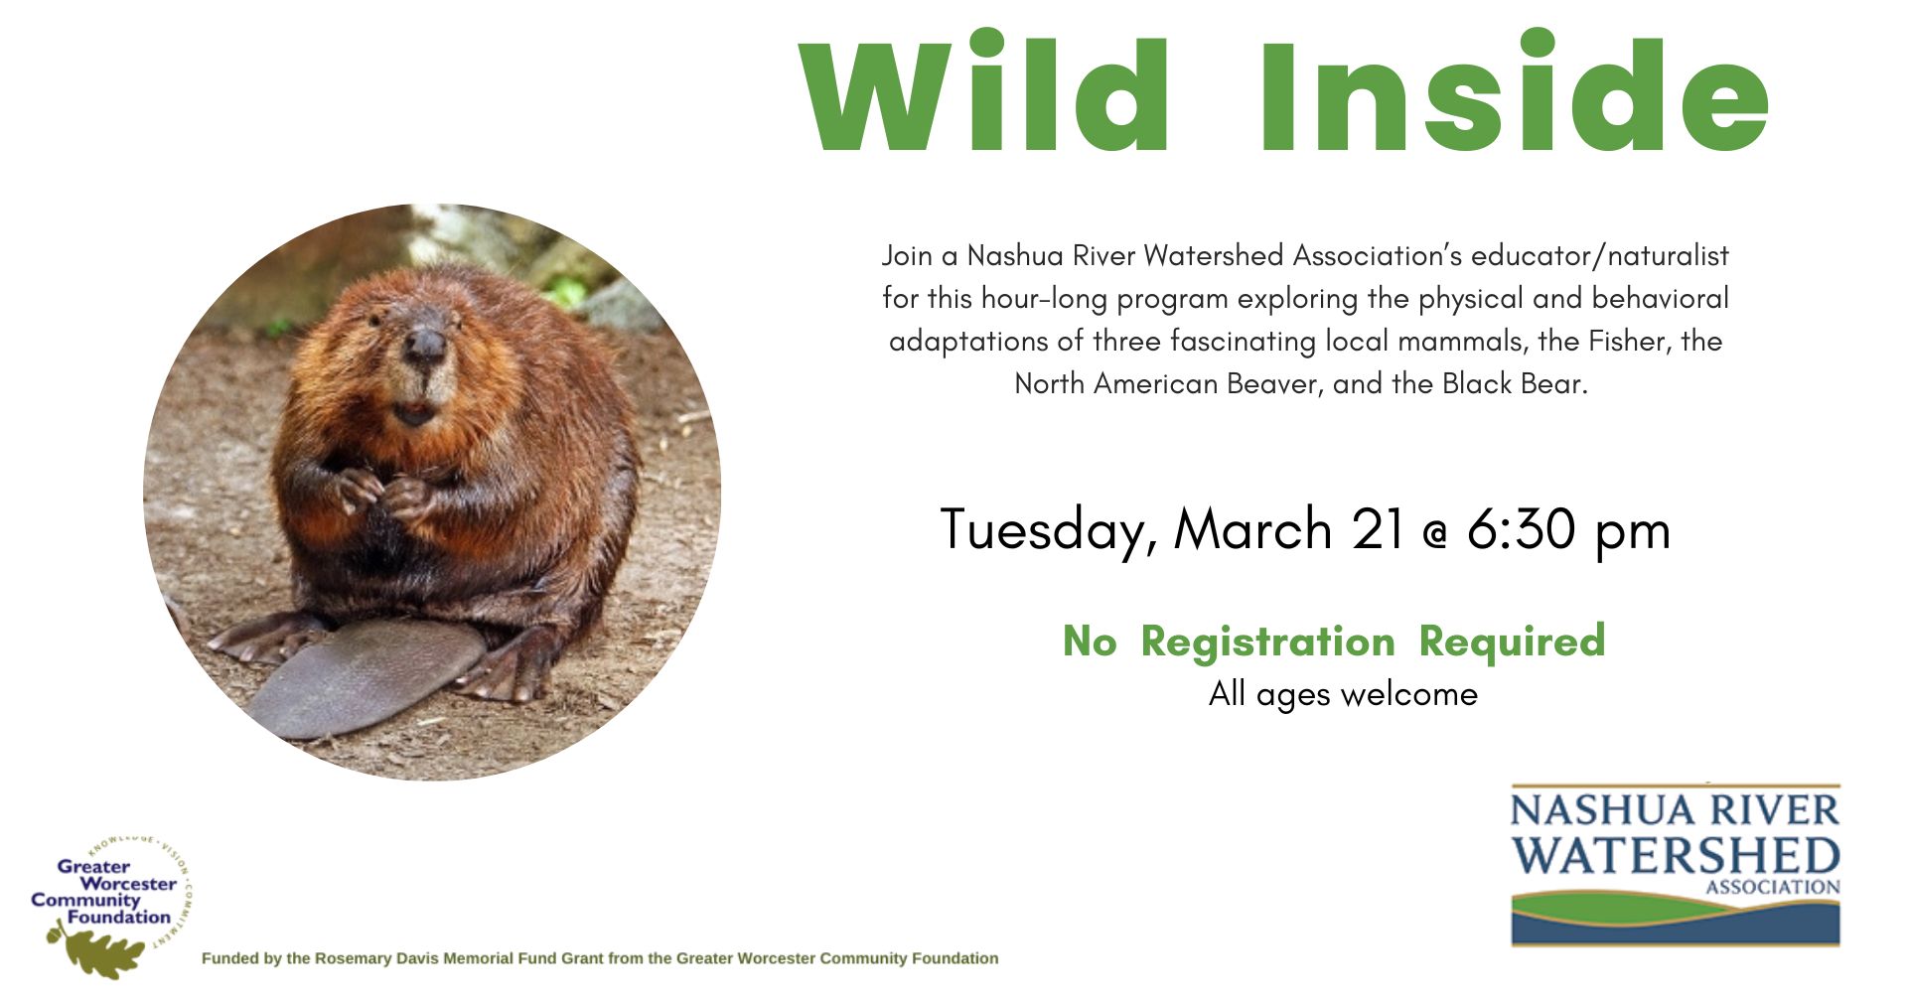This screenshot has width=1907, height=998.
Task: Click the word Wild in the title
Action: (x=984, y=90)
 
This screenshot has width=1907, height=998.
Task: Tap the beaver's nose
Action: (x=425, y=345)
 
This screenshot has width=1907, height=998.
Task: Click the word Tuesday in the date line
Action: (x=1049, y=530)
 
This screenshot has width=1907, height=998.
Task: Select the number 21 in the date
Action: (x=1379, y=528)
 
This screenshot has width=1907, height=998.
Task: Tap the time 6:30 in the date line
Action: (x=1521, y=528)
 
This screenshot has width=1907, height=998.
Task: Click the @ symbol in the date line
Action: (x=1435, y=535)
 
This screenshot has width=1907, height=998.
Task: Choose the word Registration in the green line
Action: (x=1268, y=642)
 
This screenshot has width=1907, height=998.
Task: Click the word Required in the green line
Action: (x=1512, y=642)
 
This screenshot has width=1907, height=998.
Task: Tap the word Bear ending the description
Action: (x=1557, y=383)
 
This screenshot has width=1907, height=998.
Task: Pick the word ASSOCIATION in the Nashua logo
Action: (x=1773, y=887)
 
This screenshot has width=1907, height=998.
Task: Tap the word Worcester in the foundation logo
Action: (x=128, y=883)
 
